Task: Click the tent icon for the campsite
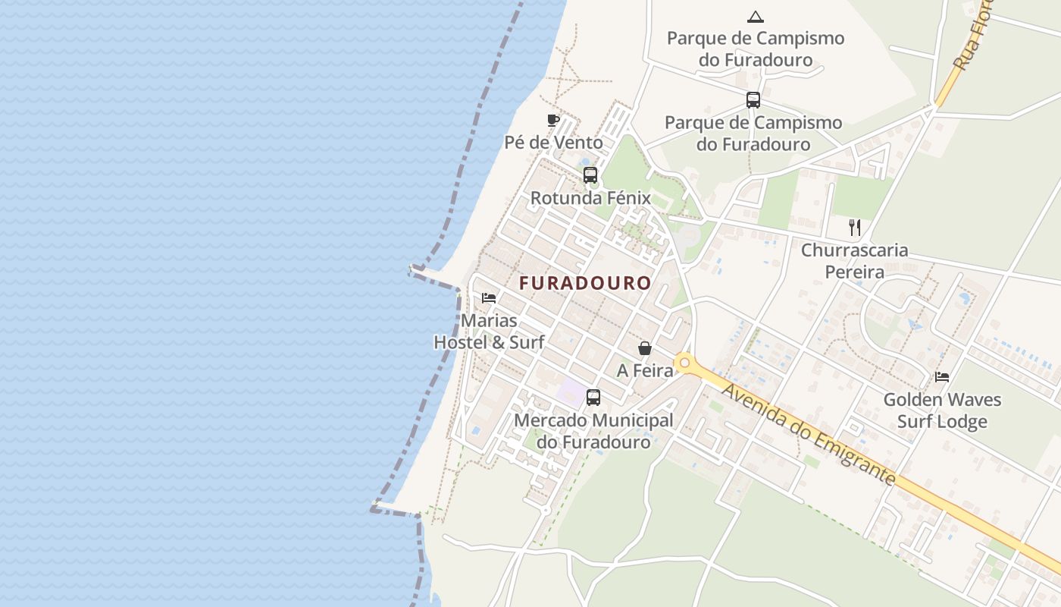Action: tap(755, 17)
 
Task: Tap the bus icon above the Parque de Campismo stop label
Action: tap(753, 100)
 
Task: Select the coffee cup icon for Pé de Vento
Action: tap(553, 120)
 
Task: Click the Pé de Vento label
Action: tap(553, 143)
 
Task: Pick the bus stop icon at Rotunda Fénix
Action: tap(590, 175)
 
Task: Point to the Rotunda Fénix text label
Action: tap(590, 198)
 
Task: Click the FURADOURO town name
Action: tap(585, 283)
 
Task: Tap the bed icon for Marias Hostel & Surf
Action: tap(489, 297)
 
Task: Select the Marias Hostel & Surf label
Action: tap(489, 332)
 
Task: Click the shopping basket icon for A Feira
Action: tap(644, 348)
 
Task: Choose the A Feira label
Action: tap(644, 370)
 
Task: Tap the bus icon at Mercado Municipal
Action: tap(593, 398)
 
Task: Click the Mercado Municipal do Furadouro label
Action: tap(593, 431)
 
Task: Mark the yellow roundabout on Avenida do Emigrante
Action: tap(685, 363)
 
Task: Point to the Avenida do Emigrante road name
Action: tap(809, 435)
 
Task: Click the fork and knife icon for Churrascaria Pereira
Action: tap(855, 227)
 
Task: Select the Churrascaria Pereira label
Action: tap(855, 260)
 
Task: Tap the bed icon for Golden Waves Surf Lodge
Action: tap(942, 376)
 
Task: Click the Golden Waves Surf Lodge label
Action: tap(942, 410)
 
